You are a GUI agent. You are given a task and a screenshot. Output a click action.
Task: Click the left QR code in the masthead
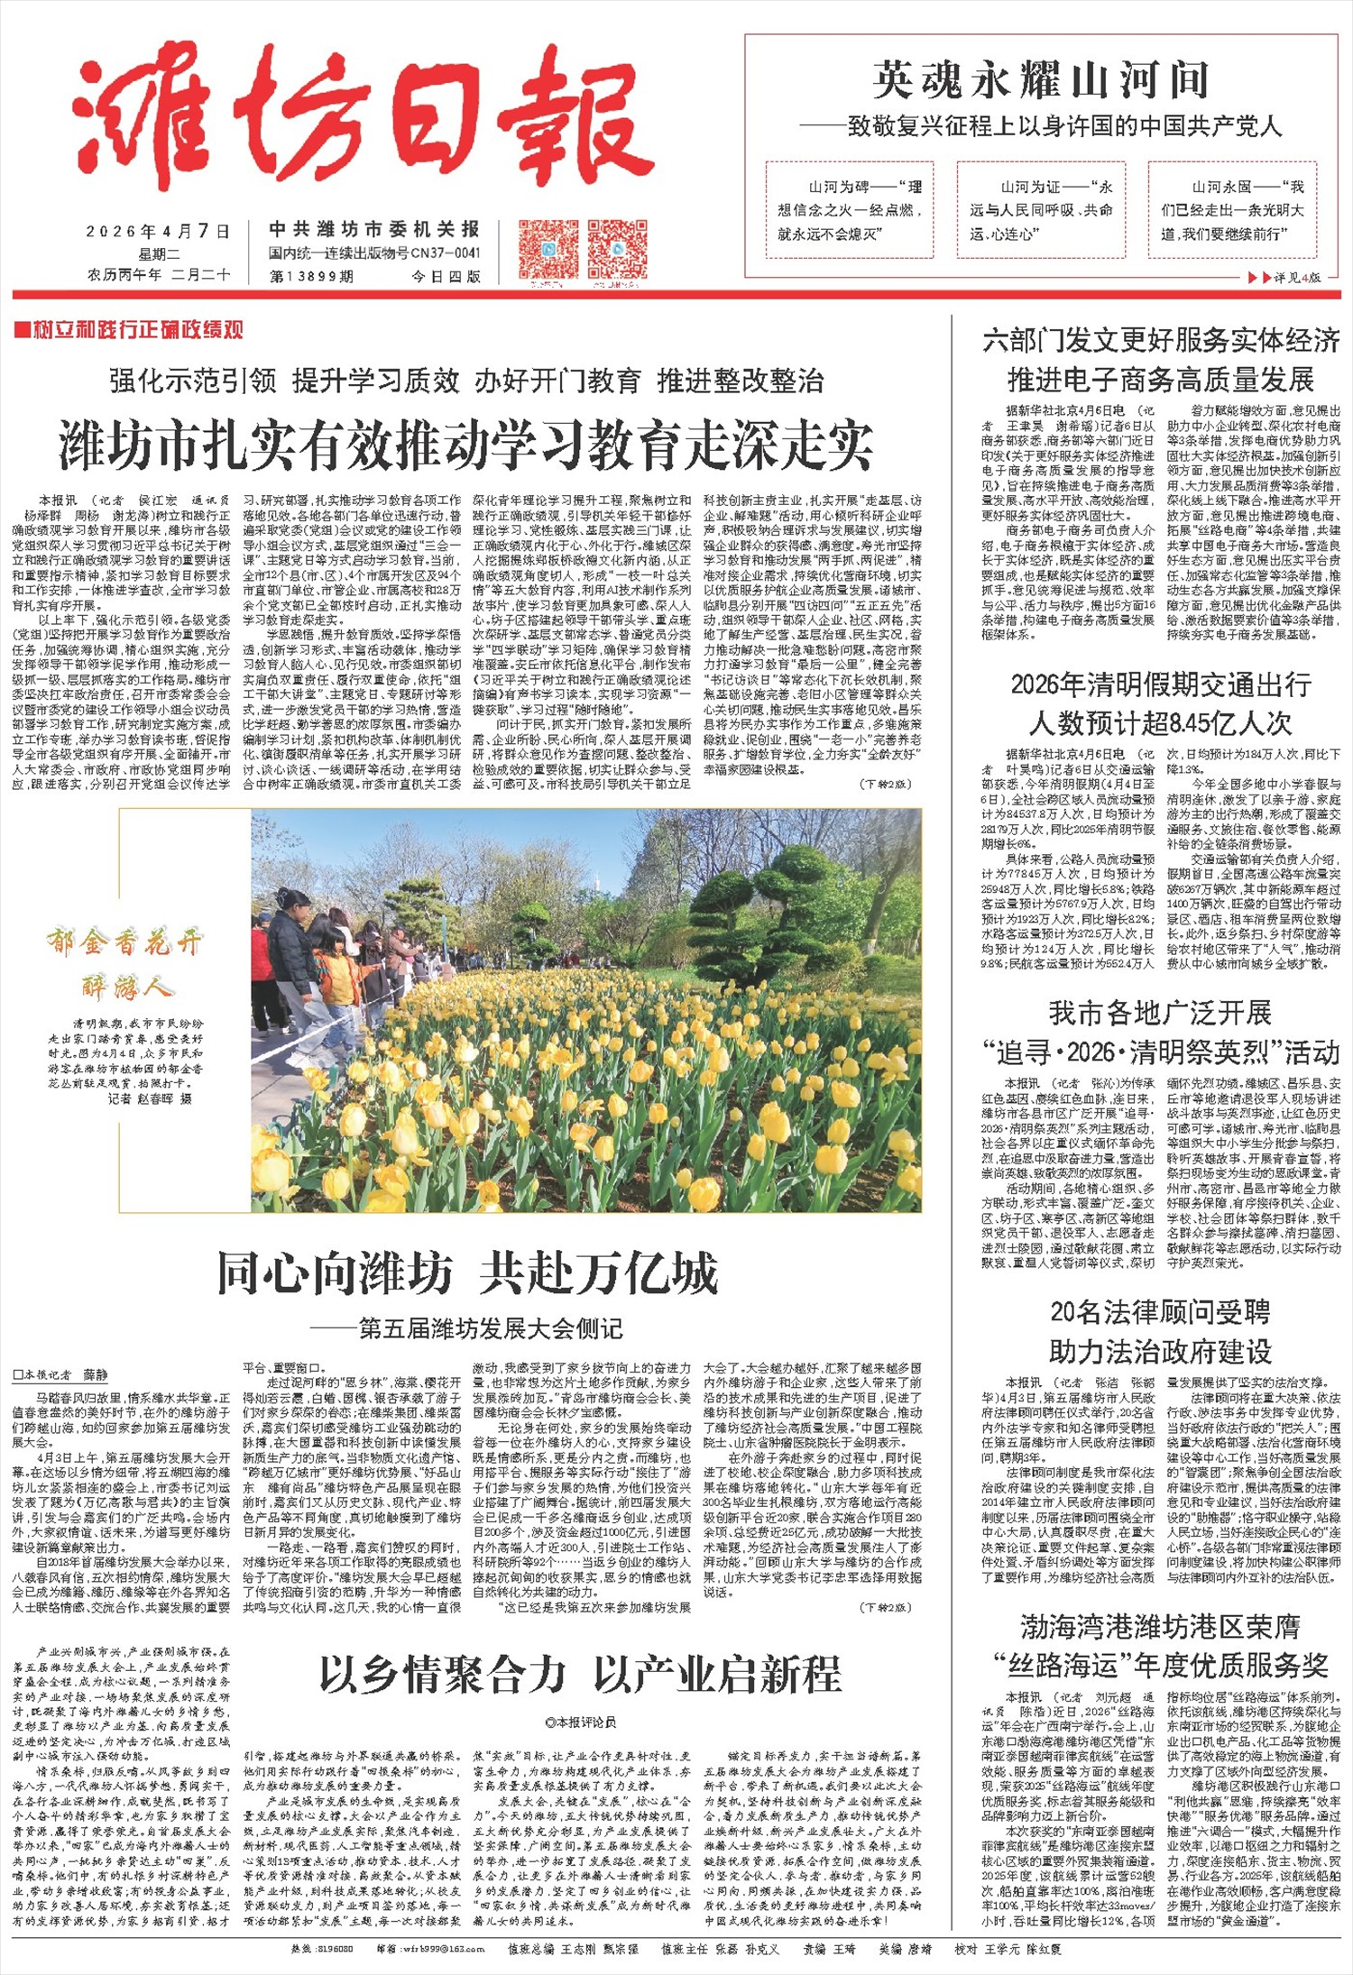[x=548, y=248]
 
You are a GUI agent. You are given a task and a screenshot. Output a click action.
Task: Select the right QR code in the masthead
[x=618, y=248]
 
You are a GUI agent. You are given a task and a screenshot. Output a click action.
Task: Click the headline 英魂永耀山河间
[x=1041, y=81]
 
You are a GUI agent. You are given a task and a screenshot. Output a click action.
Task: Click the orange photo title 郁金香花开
[x=124, y=944]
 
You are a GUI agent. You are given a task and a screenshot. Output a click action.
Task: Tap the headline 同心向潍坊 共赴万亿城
[x=467, y=1272]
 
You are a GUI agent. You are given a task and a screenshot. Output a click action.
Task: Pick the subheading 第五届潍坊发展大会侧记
[x=477, y=1328]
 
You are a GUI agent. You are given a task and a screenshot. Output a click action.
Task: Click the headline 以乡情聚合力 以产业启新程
[x=581, y=1674]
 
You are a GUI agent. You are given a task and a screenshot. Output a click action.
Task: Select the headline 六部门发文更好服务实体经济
[x=1161, y=341]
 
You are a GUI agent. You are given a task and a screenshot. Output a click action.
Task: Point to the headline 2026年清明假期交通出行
[x=1161, y=685]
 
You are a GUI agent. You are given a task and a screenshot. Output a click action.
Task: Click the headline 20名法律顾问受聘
[x=1161, y=1311]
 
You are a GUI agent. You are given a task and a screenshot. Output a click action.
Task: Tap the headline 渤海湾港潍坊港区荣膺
[x=1161, y=1626]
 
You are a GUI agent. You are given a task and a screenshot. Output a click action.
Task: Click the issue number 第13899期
[x=311, y=277]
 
